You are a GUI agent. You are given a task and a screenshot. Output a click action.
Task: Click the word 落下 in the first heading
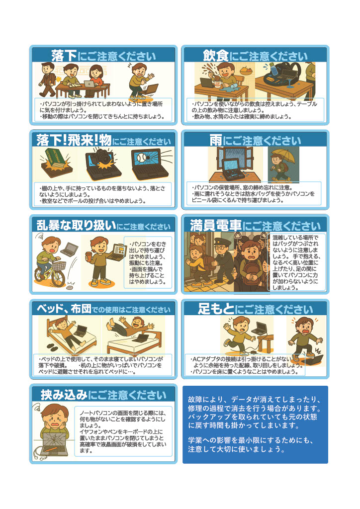coord(64,56)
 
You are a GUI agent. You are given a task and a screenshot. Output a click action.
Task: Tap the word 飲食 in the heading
coord(216,56)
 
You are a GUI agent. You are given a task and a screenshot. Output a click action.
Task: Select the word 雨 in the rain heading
coord(215,141)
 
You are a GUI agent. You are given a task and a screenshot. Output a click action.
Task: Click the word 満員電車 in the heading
coord(215,226)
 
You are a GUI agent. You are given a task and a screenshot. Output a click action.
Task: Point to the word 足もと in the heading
coord(216,309)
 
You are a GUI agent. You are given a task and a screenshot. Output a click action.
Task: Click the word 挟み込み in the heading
coord(64,395)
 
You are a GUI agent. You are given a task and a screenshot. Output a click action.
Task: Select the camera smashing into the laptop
coord(101,157)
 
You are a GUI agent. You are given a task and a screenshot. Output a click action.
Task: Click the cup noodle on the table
coord(217,84)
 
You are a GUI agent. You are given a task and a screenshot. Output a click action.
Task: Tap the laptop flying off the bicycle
coord(70,249)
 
